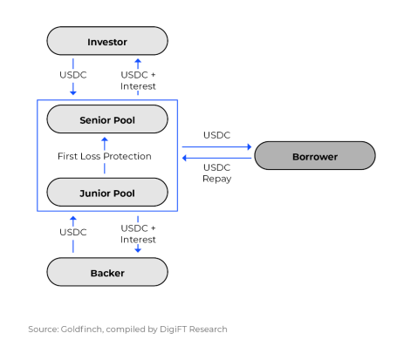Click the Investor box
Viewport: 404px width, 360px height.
107,41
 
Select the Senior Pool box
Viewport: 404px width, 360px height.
107,119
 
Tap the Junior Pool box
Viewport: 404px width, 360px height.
107,193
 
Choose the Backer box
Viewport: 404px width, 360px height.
107,272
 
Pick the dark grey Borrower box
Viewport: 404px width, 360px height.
315,156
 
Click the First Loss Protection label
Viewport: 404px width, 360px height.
105,156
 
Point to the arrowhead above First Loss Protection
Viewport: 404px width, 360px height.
105,139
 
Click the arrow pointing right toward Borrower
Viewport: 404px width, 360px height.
216,146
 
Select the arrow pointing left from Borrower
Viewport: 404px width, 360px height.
216,158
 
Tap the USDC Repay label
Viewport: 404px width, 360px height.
217,173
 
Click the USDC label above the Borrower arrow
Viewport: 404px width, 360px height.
217,135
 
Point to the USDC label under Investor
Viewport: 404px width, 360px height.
73,75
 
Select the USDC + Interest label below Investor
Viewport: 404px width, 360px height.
138,80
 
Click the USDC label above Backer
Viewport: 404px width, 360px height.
73,232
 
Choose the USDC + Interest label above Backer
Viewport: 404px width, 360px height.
138,234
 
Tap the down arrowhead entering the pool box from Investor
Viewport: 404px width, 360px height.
73,92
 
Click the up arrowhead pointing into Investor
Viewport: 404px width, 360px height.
138,62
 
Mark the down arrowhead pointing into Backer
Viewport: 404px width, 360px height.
138,249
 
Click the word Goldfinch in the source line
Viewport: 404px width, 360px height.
82,329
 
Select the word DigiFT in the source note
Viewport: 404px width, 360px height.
173,329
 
